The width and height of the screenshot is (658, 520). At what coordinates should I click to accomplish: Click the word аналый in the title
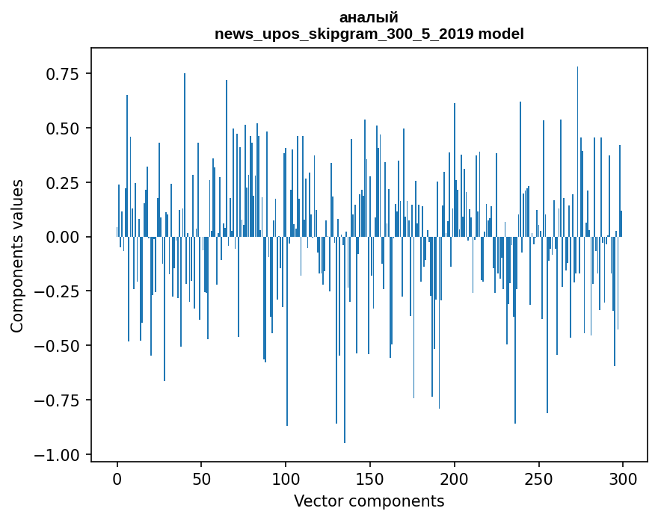tap(369, 17)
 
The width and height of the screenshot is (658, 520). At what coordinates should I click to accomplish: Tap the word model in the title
tap(501, 34)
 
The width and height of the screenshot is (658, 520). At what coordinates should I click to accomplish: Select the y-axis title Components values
tap(17, 256)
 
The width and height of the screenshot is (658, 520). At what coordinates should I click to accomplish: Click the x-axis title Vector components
tap(369, 501)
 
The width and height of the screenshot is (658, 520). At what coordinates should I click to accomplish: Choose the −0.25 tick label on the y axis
tap(60, 291)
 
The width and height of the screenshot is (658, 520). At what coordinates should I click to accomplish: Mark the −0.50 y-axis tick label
tap(60, 346)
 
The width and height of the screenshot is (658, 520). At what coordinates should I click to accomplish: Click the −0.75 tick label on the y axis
tap(60, 400)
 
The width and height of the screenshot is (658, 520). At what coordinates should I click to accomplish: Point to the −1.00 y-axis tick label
tap(60, 455)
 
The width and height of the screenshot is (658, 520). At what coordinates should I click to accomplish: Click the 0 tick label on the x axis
tap(117, 480)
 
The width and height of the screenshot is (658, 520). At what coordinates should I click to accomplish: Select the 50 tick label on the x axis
tap(201, 480)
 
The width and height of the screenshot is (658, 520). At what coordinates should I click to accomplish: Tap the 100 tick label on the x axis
tap(286, 480)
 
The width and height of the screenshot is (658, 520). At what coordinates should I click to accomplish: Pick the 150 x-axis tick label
tap(369, 480)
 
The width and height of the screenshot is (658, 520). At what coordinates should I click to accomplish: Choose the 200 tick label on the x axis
tap(454, 480)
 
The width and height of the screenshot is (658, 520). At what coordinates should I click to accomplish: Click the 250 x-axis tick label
tap(538, 480)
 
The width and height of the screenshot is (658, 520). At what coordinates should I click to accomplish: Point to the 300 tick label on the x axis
tap(622, 480)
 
